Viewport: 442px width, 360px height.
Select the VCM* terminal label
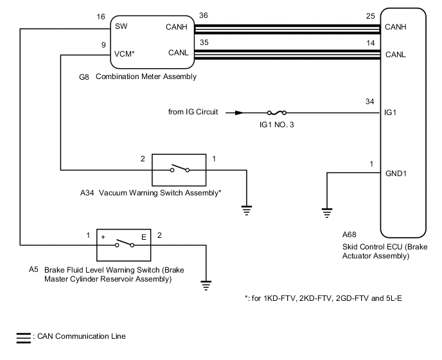pyautogui.click(x=125, y=55)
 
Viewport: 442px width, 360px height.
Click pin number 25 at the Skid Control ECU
pyautogui.click(x=370, y=17)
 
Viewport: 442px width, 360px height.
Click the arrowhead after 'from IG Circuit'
pyautogui.click(x=239, y=112)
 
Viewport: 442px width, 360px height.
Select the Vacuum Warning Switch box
pyautogui.click(x=179, y=170)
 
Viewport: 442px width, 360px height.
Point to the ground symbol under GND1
pyautogui.click(x=327, y=211)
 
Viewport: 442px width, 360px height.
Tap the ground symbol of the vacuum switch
pyautogui.click(x=247, y=208)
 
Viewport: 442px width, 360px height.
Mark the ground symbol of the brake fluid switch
pyautogui.click(x=206, y=283)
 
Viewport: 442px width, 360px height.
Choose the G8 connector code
pyautogui.click(x=84, y=76)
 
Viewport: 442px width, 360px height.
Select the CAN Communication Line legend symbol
pyautogui.click(x=23, y=336)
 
